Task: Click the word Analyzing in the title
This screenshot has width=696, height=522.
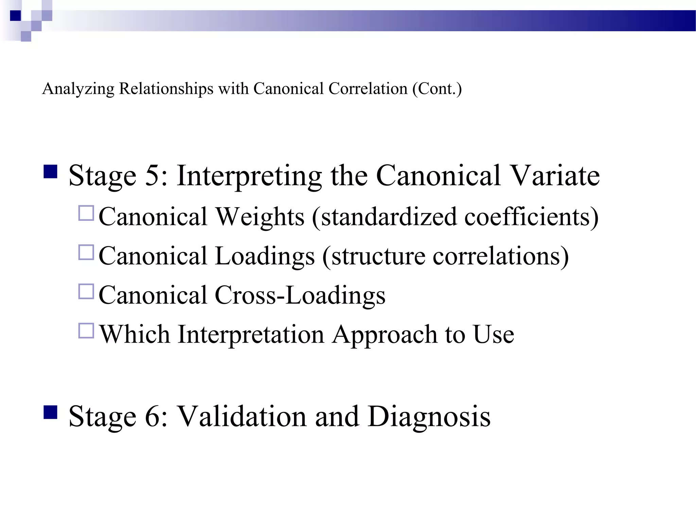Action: pyautogui.click(x=78, y=89)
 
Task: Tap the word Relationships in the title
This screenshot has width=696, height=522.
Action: pyautogui.click(x=166, y=89)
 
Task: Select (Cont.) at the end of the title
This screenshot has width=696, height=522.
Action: pyautogui.click(x=437, y=89)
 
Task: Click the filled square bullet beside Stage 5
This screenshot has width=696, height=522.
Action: pyautogui.click(x=50, y=172)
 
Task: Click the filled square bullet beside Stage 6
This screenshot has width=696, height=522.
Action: pyautogui.click(x=50, y=413)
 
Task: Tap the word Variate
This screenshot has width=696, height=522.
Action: pyautogui.click(x=555, y=176)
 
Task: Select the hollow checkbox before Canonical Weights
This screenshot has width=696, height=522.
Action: pyautogui.click(x=86, y=213)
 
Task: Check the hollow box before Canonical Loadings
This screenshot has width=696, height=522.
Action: pyautogui.click(x=86, y=253)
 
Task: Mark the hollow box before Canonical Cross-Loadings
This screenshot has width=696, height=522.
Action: pyautogui.click(x=86, y=292)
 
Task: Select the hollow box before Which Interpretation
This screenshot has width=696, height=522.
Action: pyautogui.click(x=86, y=331)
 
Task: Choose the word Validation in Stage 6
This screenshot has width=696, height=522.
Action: pyautogui.click(x=242, y=416)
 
